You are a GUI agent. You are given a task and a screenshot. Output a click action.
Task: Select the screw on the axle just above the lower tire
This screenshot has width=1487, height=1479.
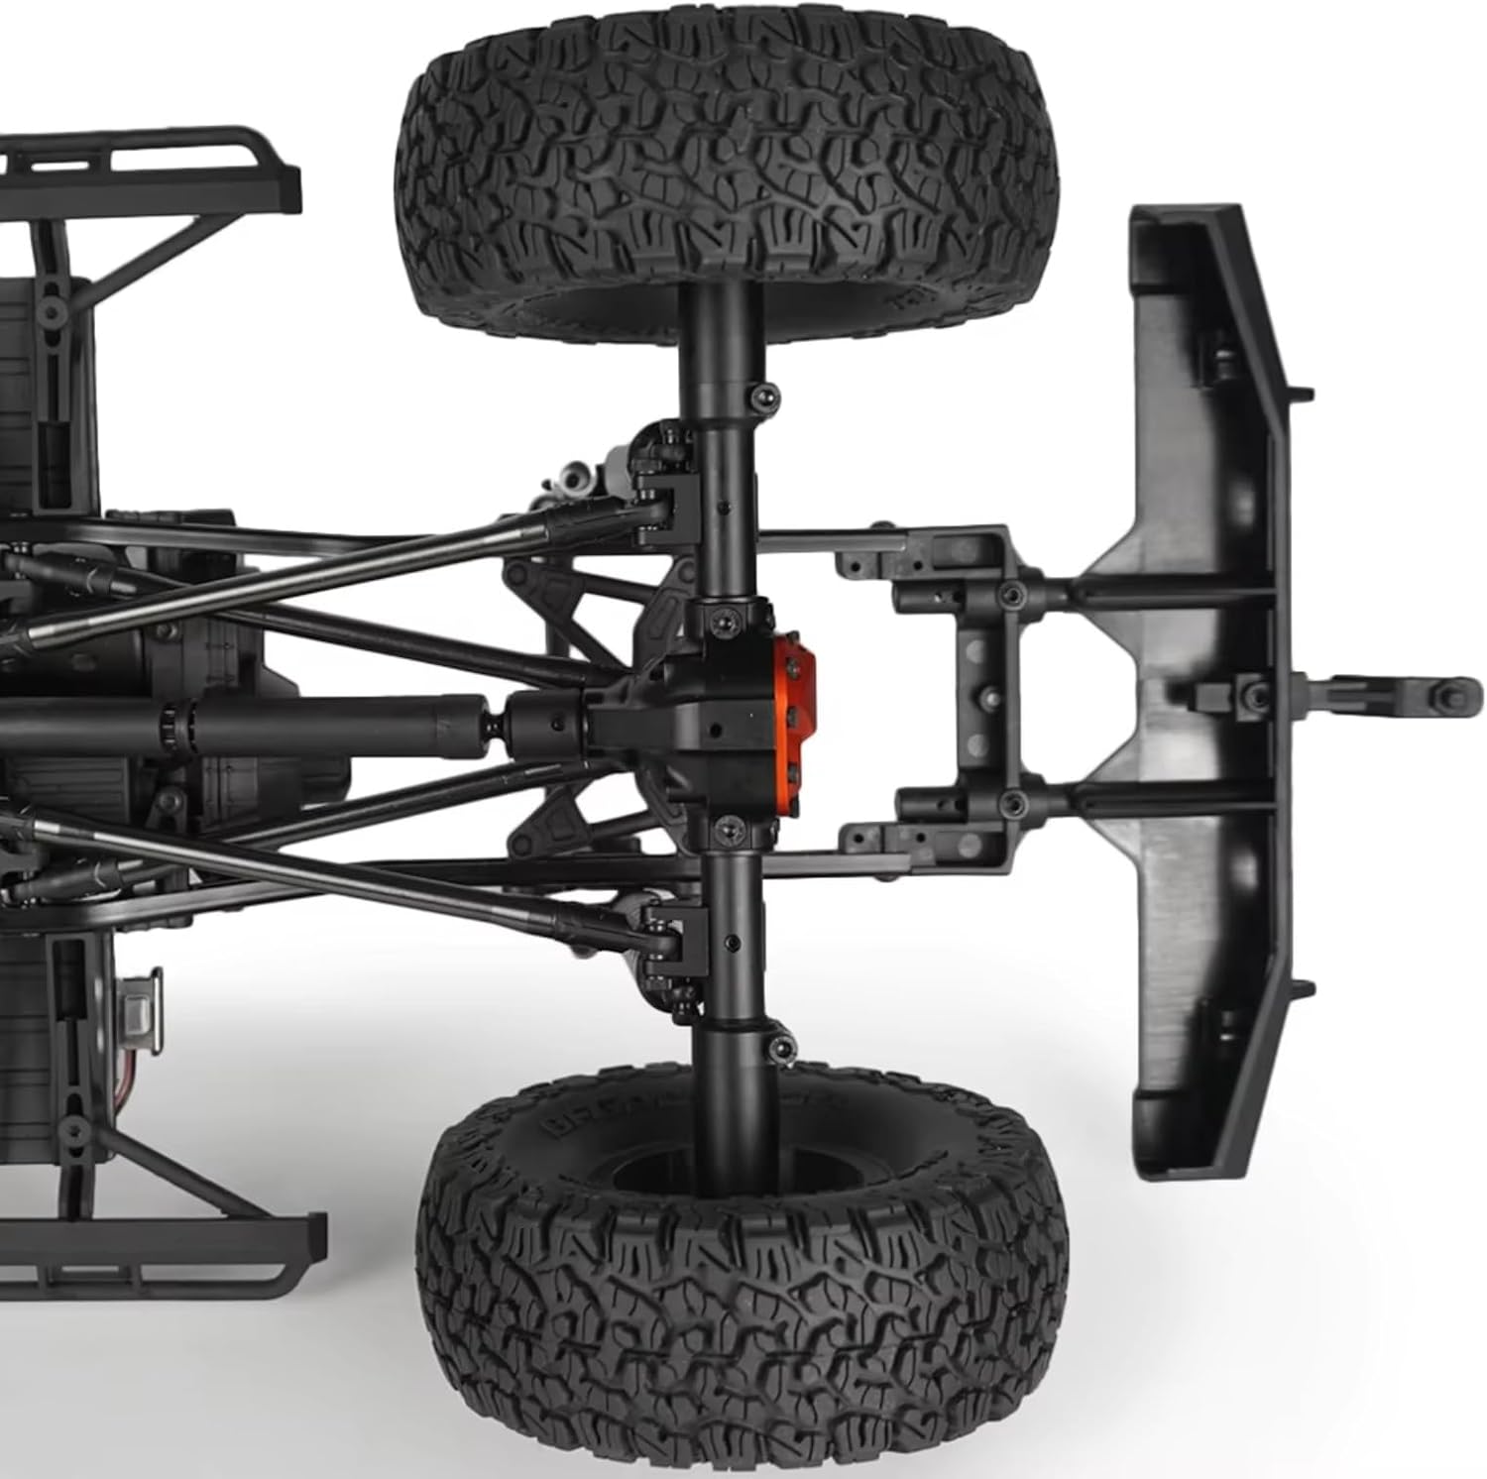coord(783,1047)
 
